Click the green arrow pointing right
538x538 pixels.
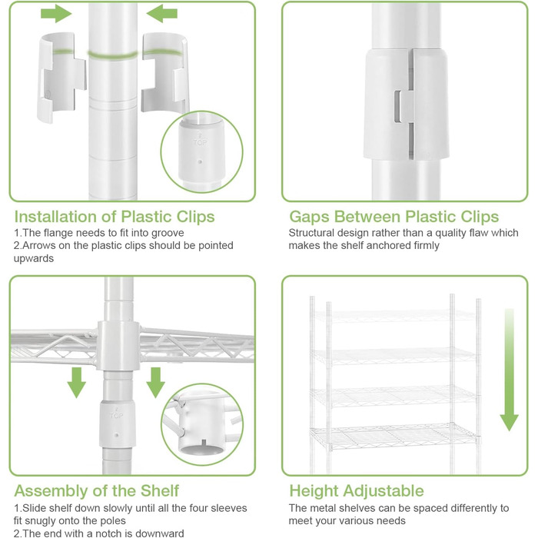coord(56,14)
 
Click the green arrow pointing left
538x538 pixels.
coord(161,14)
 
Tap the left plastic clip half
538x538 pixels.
coord(61,77)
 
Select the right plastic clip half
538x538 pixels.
coord(164,73)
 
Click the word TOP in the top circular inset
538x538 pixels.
coord(200,142)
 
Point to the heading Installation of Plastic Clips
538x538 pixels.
coord(115,217)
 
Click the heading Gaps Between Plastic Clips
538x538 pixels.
coord(394,217)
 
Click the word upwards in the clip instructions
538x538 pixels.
coord(34,258)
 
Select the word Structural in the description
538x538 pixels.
coord(311,233)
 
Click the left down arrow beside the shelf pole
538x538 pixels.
coord(76,382)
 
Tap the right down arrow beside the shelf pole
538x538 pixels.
coord(155,382)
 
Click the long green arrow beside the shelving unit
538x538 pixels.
coord(509,370)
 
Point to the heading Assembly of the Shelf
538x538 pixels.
coord(96,490)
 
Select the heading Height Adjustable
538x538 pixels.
coord(357,490)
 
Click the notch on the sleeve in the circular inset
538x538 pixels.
coord(204,443)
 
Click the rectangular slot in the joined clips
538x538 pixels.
coord(397,107)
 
